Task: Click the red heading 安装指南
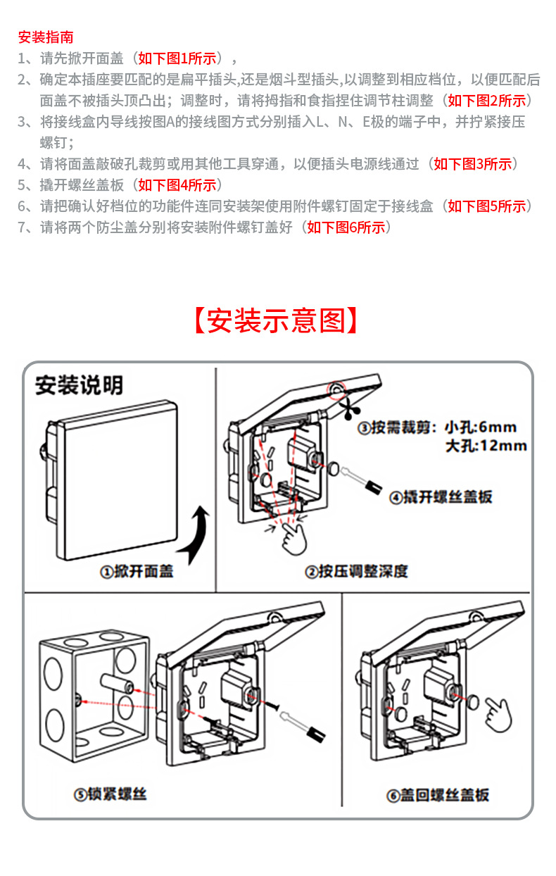(x=46, y=37)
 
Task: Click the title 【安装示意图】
(x=277, y=320)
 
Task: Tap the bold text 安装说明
(x=79, y=384)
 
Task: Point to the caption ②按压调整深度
(x=356, y=572)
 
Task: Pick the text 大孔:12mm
(x=486, y=445)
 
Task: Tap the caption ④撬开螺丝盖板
(x=441, y=497)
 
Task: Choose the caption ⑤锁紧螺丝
(x=110, y=795)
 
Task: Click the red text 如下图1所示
(x=180, y=58)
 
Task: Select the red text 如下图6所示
(x=347, y=227)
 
